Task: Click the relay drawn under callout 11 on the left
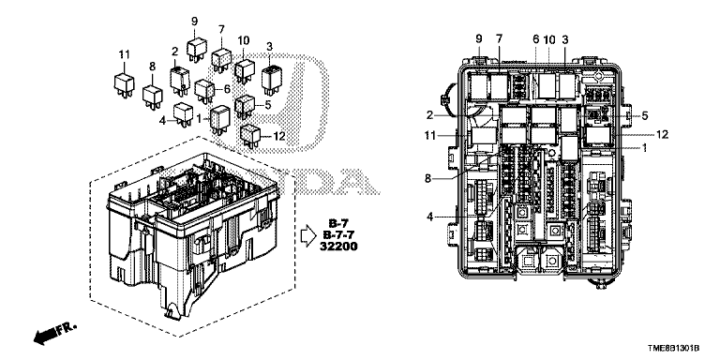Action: [x=124, y=84]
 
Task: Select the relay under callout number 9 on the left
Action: [x=197, y=49]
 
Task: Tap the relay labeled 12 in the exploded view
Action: [x=250, y=136]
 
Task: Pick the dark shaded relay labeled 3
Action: [x=271, y=80]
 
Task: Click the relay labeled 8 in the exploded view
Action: [x=152, y=97]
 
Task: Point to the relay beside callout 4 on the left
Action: [x=184, y=113]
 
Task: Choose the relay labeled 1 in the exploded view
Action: [x=220, y=119]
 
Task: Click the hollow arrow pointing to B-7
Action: [x=308, y=235]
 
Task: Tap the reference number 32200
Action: [x=338, y=247]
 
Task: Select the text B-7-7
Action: [x=338, y=235]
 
